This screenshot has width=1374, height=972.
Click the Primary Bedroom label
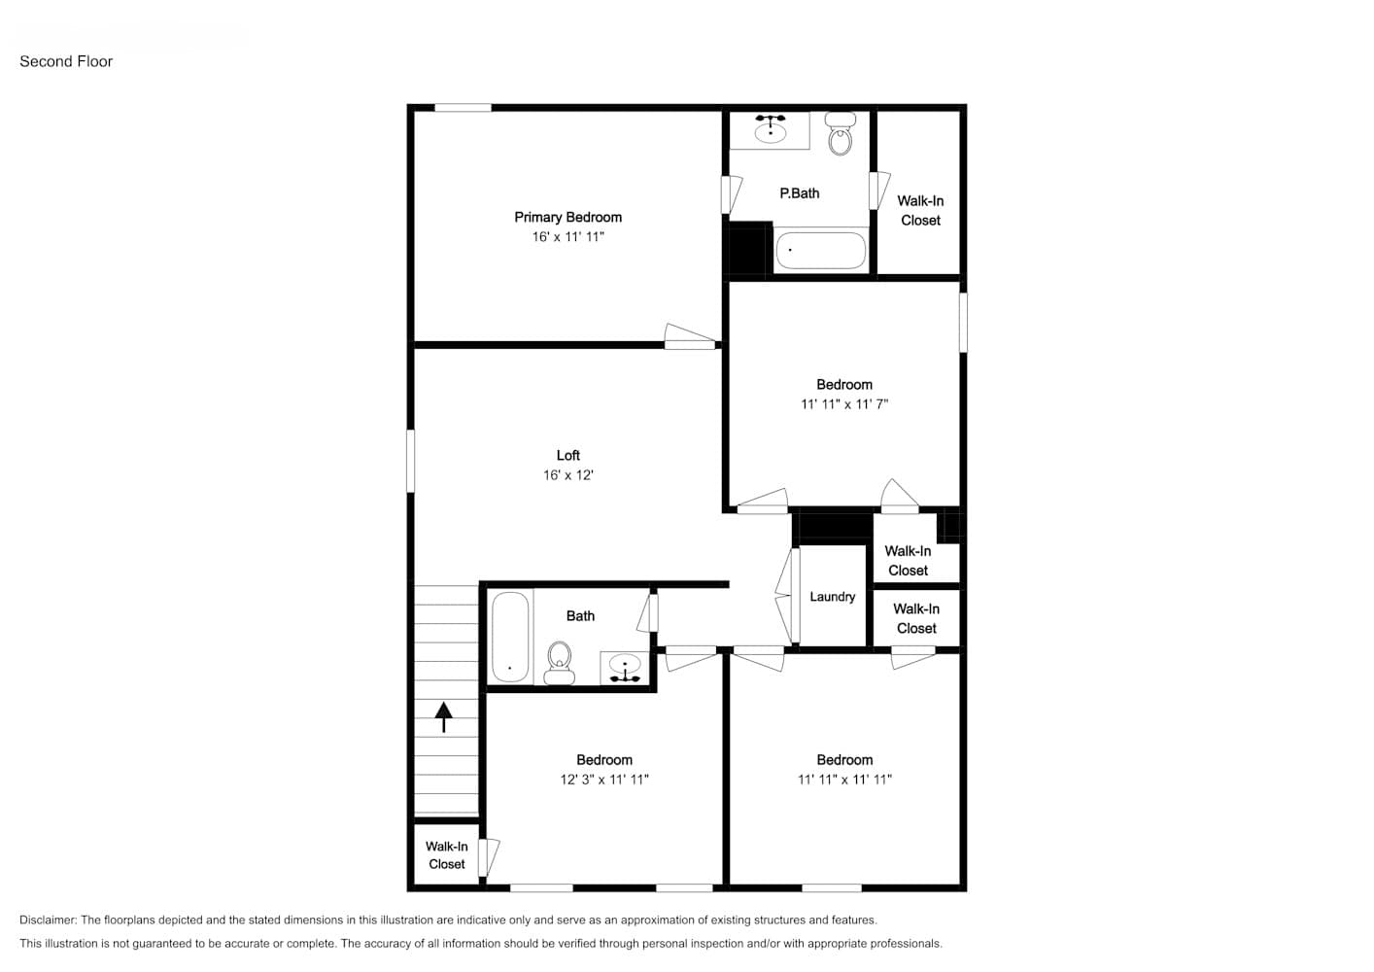point(568,217)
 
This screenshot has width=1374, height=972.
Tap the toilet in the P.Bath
point(840,133)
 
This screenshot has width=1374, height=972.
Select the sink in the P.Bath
point(771,129)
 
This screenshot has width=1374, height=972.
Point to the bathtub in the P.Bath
point(821,250)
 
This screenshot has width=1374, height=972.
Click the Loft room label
point(568,455)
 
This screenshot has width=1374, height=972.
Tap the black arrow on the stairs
point(443,717)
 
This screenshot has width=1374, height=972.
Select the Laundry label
point(832,597)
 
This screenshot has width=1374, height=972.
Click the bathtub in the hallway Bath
point(510,637)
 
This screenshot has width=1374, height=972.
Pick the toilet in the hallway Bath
point(559,663)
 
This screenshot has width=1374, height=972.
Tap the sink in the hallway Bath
point(625,669)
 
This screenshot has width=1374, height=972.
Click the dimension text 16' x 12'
point(568,475)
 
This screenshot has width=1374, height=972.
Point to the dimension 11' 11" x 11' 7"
point(844,403)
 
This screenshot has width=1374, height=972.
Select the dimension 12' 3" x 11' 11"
point(604,780)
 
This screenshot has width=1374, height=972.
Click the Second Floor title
point(66,61)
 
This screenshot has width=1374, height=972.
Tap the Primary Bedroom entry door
point(690,337)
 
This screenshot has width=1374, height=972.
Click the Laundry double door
point(787,595)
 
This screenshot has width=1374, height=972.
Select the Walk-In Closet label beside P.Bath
point(920,211)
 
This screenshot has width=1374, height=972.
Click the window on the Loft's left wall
point(410,461)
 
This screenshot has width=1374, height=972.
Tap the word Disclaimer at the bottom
point(48,920)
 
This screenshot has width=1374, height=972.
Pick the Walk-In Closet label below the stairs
point(447,854)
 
